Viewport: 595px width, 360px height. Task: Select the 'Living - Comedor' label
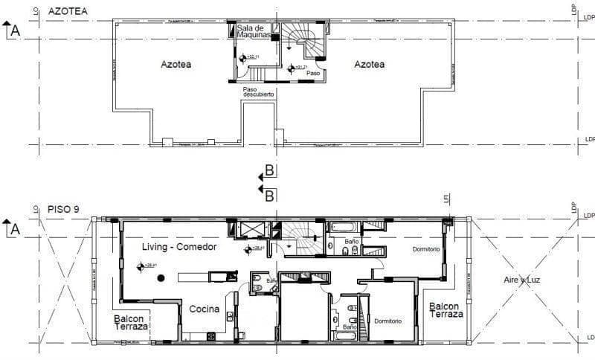tap(179, 246)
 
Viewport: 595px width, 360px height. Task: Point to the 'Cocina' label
tap(203, 309)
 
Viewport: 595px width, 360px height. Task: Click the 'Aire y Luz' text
tap(519, 280)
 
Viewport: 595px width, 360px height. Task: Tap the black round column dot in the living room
tap(161, 278)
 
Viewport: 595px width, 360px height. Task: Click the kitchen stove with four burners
tap(210, 336)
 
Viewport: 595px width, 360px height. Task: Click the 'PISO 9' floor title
tap(63, 209)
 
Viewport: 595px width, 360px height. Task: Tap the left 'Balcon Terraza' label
tap(132, 323)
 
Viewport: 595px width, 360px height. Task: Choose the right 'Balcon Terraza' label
tap(446, 310)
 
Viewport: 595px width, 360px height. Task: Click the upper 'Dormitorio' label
tap(426, 248)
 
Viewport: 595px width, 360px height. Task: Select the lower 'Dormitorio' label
tap(387, 321)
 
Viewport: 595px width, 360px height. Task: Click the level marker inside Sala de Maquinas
tap(242, 57)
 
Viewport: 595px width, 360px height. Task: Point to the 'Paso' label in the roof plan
tap(313, 74)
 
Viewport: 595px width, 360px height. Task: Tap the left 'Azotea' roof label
tap(176, 65)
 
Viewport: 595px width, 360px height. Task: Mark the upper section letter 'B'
tap(270, 171)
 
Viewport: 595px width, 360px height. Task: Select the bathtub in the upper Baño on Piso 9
tap(344, 227)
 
